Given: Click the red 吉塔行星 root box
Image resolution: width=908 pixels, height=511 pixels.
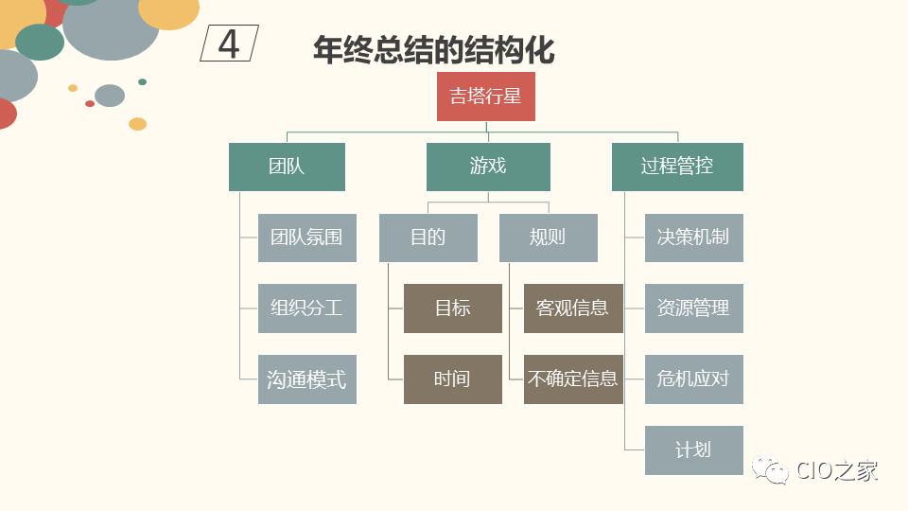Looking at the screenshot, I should [x=485, y=97].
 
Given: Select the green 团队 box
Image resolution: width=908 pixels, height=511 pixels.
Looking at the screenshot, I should [x=287, y=167].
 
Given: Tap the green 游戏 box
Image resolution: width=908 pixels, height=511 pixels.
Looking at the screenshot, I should [x=488, y=167].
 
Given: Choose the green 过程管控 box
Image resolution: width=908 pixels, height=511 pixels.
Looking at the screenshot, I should [x=677, y=167].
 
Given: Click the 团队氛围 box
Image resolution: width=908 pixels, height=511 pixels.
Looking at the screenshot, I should [x=306, y=238].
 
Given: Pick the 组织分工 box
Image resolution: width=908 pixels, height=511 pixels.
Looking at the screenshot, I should [x=306, y=308].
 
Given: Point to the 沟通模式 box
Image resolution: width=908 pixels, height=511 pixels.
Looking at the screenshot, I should [x=306, y=379].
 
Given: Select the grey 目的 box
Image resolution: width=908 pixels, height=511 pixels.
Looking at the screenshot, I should [x=428, y=238].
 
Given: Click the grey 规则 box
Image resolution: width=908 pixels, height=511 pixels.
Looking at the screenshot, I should [x=548, y=238].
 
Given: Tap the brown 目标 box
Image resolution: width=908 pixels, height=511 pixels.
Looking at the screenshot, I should [x=452, y=308].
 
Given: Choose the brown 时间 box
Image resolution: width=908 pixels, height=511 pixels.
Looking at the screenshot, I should [x=452, y=379].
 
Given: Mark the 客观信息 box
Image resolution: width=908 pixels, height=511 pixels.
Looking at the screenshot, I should [x=573, y=308].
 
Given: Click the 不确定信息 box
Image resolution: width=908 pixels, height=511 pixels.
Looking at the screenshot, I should [x=573, y=379].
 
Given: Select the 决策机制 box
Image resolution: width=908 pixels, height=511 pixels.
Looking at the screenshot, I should [x=693, y=238].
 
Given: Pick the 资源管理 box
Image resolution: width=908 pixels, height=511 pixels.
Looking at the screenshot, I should [x=693, y=308].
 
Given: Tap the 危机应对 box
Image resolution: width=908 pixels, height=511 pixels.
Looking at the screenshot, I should [x=693, y=379].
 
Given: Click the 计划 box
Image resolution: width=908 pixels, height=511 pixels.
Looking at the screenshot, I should [x=693, y=450].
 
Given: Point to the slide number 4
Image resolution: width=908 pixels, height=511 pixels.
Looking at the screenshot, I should [x=229, y=44].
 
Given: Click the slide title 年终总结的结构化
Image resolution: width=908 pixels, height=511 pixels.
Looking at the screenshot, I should [x=433, y=49].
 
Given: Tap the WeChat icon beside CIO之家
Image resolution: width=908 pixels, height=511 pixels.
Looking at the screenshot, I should [x=770, y=470].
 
